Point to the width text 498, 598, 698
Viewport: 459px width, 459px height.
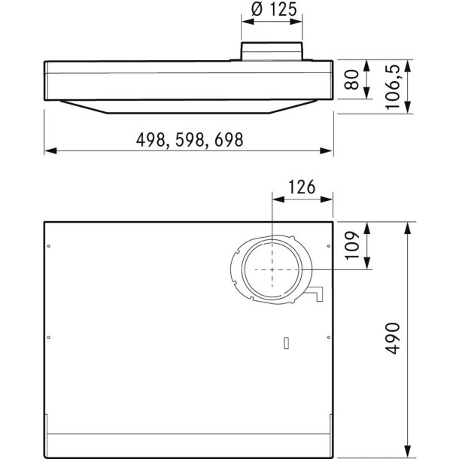pyautogui.click(x=190, y=140)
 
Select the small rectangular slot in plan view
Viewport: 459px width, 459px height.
pyautogui.click(x=286, y=344)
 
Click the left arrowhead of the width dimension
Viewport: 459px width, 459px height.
pyautogui.click(x=50, y=151)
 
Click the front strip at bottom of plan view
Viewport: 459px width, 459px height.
pyautogui.click(x=188, y=443)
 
